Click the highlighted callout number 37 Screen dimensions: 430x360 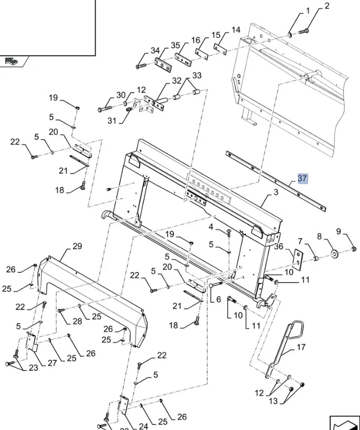[x=302, y=179]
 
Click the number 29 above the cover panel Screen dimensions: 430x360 [x=77, y=246]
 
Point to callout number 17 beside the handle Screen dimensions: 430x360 [x=301, y=347]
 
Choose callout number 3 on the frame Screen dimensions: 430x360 [x=276, y=193]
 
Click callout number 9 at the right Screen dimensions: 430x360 [x=353, y=232]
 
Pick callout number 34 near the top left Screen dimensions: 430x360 [x=155, y=51]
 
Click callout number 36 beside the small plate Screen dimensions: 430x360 [x=279, y=246]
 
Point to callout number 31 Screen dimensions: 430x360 [x=112, y=121]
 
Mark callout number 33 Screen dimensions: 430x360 [x=197, y=76]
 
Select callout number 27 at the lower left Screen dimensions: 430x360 [x=51, y=363]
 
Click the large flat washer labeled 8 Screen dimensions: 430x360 [x=333, y=255]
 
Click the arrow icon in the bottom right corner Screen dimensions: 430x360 [x=344, y=422]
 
